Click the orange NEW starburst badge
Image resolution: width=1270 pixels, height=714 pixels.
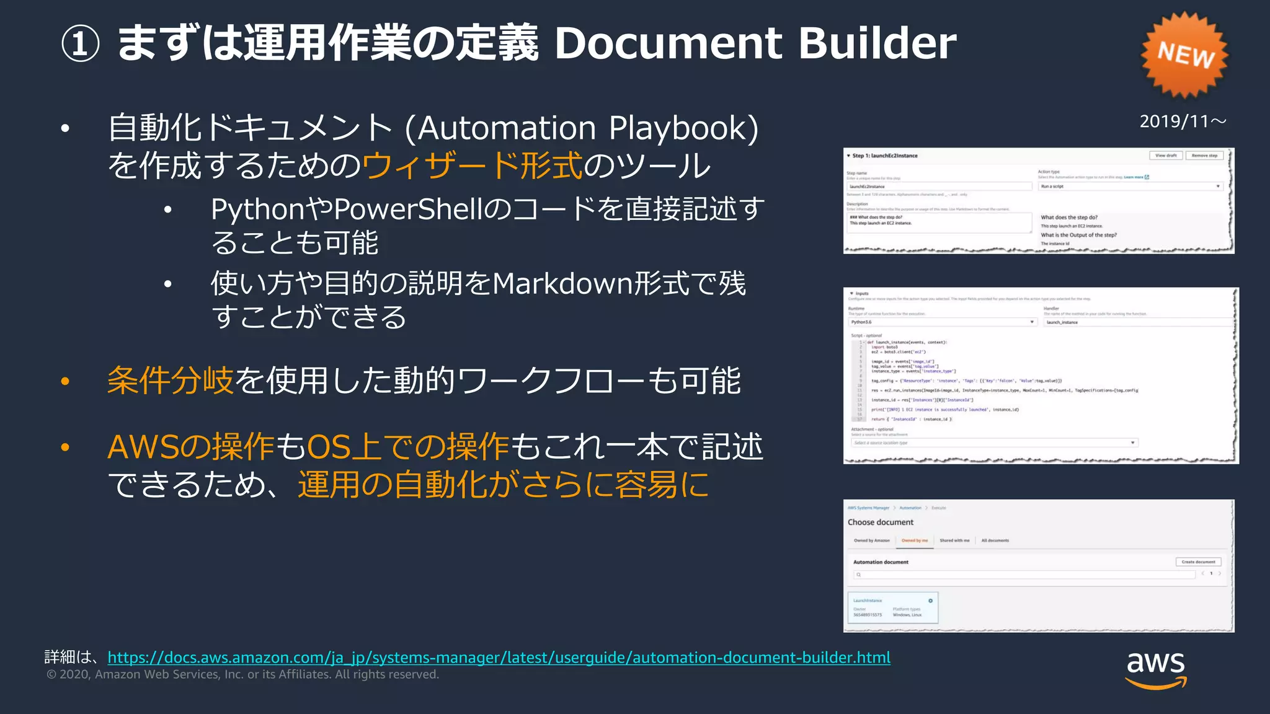[1184, 55]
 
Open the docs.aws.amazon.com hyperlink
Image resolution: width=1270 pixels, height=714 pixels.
[499, 657]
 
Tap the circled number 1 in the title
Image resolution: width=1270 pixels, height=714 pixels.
[80, 45]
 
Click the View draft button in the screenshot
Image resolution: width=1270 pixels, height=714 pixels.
[1166, 156]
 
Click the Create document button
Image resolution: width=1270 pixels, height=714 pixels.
[1198, 562]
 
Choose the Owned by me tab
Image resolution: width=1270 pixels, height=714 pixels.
[915, 540]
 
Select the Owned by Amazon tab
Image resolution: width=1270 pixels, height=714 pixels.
[871, 540]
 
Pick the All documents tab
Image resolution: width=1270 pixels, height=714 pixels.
[995, 540]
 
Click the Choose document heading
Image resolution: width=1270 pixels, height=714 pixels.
[881, 522]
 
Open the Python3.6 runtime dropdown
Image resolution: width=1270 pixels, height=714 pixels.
[943, 322]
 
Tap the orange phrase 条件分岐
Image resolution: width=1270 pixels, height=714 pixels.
[170, 380]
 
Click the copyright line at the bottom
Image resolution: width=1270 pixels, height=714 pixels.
[242, 674]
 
